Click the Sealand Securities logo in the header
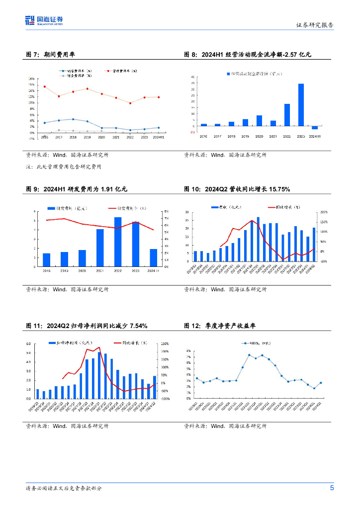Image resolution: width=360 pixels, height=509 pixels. [44, 20]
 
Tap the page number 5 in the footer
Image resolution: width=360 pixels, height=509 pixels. [332, 488]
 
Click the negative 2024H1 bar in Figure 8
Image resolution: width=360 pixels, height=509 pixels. [315, 128]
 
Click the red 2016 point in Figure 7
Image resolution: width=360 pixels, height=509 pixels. [45, 86]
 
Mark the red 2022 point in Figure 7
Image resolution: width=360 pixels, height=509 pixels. [130, 103]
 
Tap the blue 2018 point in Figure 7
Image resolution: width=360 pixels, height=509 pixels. [73, 119]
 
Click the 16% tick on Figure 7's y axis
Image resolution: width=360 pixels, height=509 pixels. [31, 79]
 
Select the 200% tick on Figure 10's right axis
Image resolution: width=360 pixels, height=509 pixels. [324, 212]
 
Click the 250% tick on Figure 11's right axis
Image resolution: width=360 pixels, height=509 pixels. [166, 343]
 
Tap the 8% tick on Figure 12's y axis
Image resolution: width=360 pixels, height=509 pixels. [189, 350]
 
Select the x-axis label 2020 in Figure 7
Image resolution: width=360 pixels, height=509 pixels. [101, 137]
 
